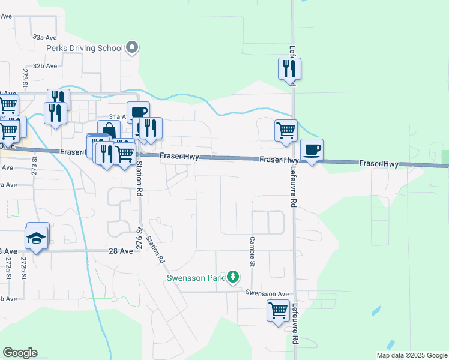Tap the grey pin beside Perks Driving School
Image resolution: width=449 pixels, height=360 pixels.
[x=133, y=47]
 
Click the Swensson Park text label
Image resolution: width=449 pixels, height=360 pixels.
[x=194, y=278]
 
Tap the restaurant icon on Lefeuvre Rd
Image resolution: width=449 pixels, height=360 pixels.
[x=290, y=69]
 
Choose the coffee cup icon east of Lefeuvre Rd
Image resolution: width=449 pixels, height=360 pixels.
[x=311, y=150]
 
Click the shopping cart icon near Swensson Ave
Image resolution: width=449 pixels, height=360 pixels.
[x=278, y=311]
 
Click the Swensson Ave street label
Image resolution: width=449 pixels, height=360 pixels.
[x=267, y=293]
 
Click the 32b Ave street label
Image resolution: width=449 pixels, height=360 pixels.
[x=45, y=66]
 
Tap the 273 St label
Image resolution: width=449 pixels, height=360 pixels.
[x=25, y=78]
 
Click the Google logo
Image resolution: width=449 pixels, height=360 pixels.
[x=20, y=353]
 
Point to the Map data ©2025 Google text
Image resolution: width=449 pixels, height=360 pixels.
[x=411, y=355]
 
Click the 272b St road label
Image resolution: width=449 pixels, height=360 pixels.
[x=23, y=269]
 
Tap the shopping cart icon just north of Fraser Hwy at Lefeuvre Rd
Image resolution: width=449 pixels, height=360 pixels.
[x=286, y=130]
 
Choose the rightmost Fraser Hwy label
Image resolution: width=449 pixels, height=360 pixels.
[x=379, y=163]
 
